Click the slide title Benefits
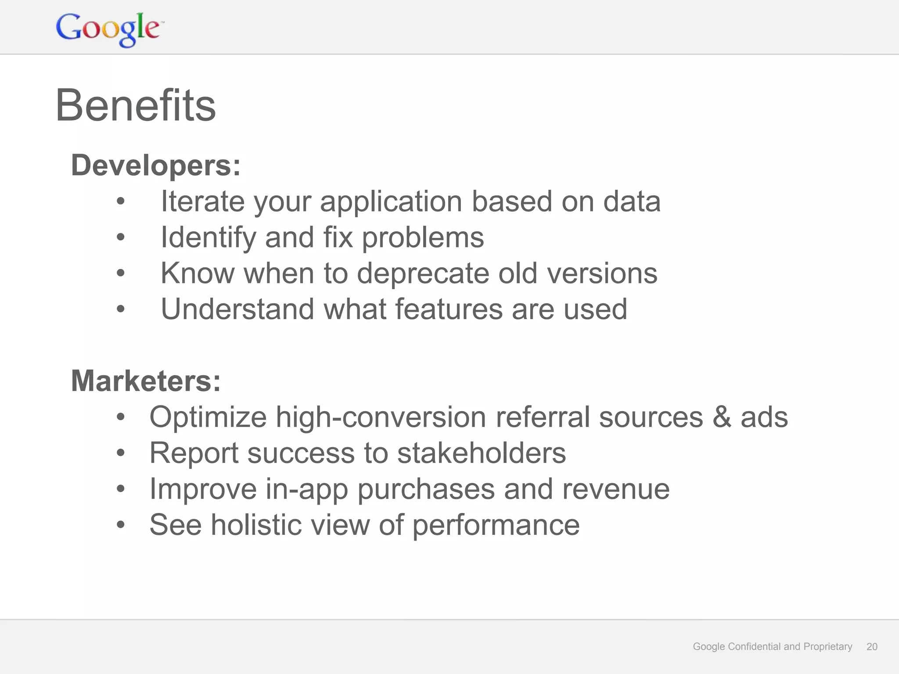pos(136,106)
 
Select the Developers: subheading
pos(156,166)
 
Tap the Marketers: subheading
pos(146,381)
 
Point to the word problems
pos(423,238)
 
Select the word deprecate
pos(423,273)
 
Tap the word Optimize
pos(208,417)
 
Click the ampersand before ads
pos(722,417)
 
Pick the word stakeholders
pos(482,453)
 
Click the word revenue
pos(616,489)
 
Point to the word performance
pos(496,526)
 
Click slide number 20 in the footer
pos(872,646)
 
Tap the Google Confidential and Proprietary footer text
pos(772,646)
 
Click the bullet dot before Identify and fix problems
pos(121,238)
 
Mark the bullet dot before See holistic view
pos(121,525)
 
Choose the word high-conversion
pos(381,417)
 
